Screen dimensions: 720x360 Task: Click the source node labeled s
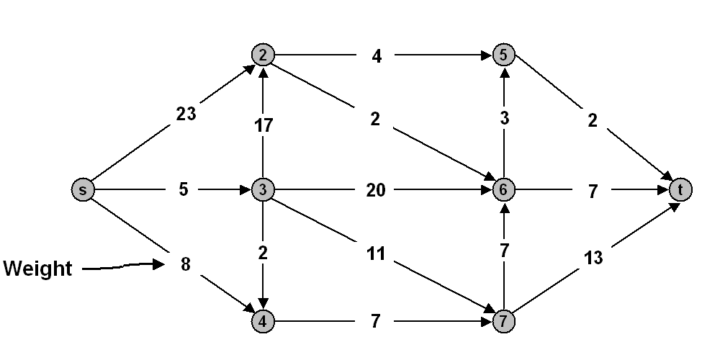(83, 189)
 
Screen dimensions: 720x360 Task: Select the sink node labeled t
(680, 189)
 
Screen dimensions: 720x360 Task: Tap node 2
(263, 55)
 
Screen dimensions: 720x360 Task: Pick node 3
(263, 189)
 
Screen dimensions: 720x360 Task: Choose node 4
(263, 321)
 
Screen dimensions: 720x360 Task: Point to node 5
(504, 55)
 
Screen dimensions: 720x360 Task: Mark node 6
(504, 189)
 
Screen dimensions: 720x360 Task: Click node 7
(504, 321)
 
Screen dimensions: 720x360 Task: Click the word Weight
(37, 269)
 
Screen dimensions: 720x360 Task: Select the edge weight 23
(186, 114)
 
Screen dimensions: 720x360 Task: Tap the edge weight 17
(264, 125)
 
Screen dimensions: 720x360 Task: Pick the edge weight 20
(376, 189)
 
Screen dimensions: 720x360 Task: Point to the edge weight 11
(376, 253)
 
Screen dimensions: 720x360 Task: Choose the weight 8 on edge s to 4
(186, 264)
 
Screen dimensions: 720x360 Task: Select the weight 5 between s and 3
(183, 189)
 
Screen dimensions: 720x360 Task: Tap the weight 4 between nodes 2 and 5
(377, 56)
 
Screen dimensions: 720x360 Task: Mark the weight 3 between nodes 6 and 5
(504, 119)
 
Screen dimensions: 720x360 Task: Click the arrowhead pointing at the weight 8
(159, 264)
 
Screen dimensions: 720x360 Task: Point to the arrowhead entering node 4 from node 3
(263, 304)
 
